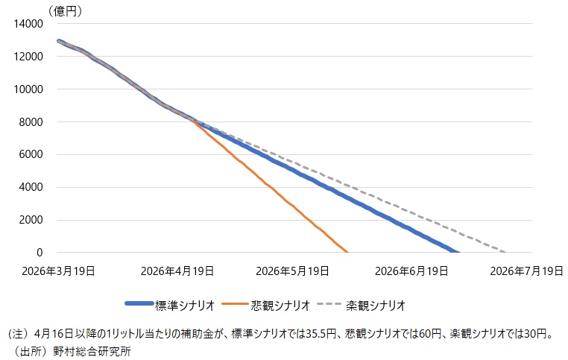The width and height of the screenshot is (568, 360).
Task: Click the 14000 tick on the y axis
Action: tap(28, 24)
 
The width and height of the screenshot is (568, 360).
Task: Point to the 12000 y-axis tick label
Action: tap(28, 57)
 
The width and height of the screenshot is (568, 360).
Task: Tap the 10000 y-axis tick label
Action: tap(28, 89)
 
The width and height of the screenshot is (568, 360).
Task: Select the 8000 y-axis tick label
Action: tap(30, 122)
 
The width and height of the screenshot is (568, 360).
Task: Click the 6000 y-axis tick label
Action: tap(30, 155)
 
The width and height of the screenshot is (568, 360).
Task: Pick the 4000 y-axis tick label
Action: tap(30, 188)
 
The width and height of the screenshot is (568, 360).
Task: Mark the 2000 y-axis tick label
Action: tap(30, 221)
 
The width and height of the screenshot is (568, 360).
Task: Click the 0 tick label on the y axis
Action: tap(40, 253)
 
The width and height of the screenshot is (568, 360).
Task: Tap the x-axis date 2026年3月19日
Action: tap(59, 271)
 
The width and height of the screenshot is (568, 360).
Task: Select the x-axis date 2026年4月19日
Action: tap(177, 271)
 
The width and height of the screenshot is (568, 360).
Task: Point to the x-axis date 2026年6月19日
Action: tap(410, 271)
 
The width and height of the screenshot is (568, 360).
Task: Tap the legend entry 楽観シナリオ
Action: tap(375, 305)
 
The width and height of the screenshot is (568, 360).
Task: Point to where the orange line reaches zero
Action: tap(347, 252)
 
